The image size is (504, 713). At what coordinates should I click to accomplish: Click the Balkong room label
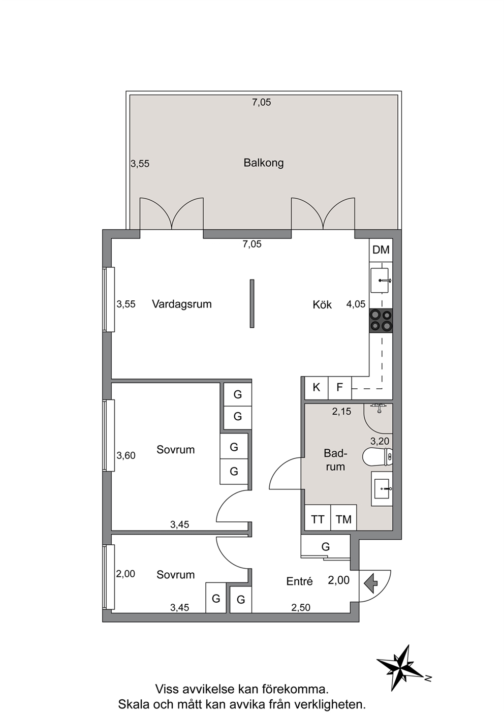tap(264, 163)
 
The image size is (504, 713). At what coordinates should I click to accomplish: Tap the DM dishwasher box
tap(381, 250)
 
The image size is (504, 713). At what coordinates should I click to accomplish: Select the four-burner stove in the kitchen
tap(381, 321)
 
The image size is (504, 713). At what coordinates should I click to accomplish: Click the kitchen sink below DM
tap(380, 280)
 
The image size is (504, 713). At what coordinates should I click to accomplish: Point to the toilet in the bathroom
tap(377, 457)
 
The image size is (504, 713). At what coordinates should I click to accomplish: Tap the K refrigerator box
tap(317, 388)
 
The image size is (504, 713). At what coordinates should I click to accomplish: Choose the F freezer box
tap(340, 388)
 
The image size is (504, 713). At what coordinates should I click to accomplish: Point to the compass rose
tap(402, 666)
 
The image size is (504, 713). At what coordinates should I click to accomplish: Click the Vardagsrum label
tap(182, 304)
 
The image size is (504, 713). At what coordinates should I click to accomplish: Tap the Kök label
tap(322, 304)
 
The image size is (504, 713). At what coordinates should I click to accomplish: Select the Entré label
tap(299, 581)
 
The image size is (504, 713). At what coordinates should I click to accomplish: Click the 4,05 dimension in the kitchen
tap(356, 304)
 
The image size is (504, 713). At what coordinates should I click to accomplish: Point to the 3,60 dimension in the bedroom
tap(126, 456)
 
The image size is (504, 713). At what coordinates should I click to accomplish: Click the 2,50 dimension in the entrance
tap(301, 608)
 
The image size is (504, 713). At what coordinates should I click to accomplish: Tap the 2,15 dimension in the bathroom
tap(342, 412)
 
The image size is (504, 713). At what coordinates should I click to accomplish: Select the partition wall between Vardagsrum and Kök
tap(252, 304)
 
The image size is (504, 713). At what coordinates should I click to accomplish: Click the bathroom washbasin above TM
tap(382, 488)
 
